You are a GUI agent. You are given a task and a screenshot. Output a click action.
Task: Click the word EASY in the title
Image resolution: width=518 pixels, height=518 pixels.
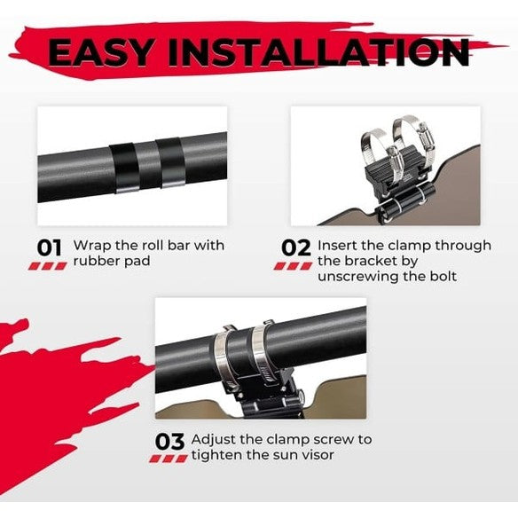[100, 52]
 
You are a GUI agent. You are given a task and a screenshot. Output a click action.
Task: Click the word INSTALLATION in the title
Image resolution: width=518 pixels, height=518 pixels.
[318, 52]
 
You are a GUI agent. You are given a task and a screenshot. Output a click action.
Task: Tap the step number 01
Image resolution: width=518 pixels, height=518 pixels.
[49, 247]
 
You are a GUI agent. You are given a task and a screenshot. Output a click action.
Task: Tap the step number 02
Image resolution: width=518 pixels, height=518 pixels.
[296, 247]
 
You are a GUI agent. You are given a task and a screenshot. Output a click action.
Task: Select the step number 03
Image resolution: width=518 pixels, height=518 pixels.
[169, 442]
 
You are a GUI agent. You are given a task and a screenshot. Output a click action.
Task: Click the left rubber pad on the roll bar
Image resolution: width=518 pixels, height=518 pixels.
[125, 168]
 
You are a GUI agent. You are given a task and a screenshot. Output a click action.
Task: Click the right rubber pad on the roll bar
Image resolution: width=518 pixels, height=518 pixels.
[170, 162]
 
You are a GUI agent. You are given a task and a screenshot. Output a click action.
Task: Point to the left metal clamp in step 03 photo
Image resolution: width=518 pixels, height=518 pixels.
[222, 355]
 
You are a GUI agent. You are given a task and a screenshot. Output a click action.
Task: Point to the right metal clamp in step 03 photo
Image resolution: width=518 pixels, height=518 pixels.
[261, 350]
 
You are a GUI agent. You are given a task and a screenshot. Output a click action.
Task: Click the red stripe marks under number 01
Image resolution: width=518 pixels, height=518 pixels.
[48, 266]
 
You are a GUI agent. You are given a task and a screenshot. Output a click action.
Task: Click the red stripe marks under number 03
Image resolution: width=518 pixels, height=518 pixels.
[169, 458]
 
